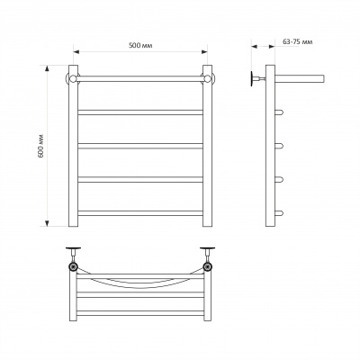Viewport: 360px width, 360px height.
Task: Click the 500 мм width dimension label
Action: [140, 45]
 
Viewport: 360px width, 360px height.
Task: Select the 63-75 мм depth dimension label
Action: [298, 41]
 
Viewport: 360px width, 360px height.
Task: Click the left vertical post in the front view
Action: [73, 146]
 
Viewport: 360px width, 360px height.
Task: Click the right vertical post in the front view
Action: [207, 146]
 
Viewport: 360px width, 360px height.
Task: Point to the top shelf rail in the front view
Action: [140, 79]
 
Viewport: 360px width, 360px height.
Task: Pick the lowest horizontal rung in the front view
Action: [140, 213]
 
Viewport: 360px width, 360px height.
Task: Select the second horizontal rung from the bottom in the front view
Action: [140, 179]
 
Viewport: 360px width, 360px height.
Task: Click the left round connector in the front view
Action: [72, 78]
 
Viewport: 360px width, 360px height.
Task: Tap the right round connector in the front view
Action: [209, 78]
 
